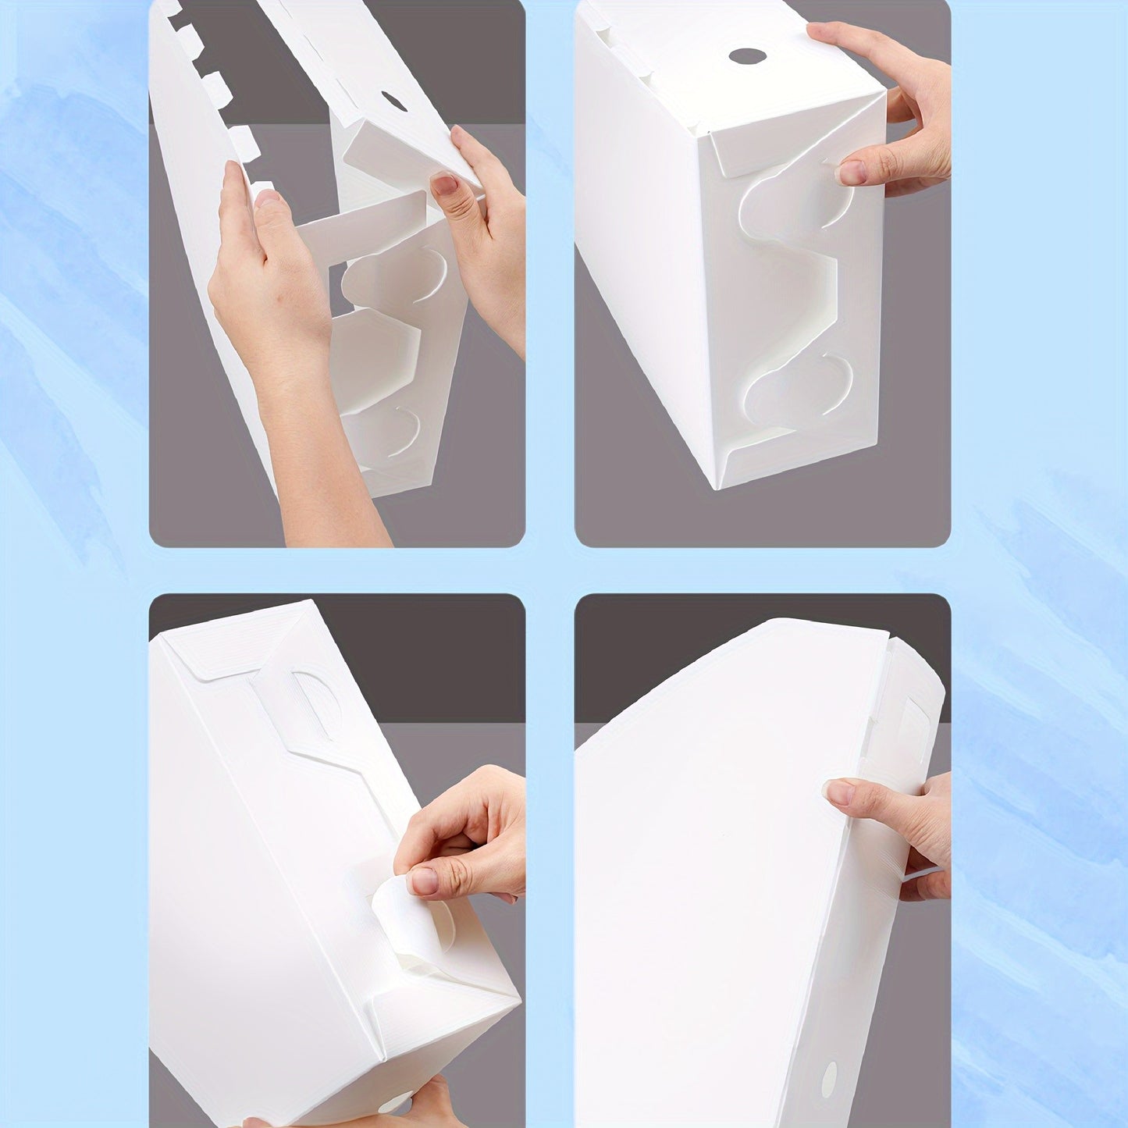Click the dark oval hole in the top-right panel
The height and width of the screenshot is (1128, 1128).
click(747, 56)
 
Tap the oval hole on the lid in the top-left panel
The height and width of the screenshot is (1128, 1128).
click(393, 101)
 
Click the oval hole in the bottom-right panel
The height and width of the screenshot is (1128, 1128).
click(829, 1077)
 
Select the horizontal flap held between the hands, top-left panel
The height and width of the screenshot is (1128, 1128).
click(359, 226)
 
